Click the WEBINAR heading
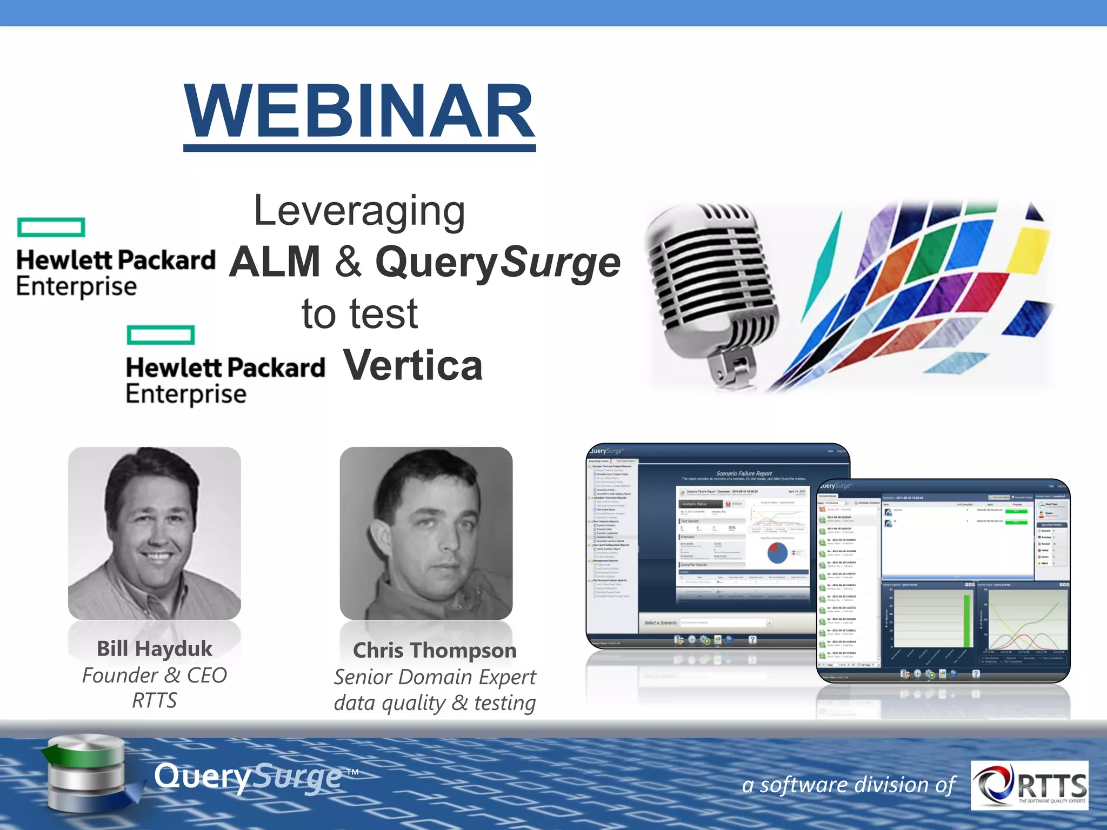pyautogui.click(x=359, y=112)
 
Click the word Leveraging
pyautogui.click(x=359, y=211)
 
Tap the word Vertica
pyautogui.click(x=413, y=365)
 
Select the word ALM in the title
pyautogui.click(x=275, y=262)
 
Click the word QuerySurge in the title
pyautogui.click(x=497, y=263)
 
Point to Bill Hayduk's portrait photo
pyautogui.click(x=154, y=532)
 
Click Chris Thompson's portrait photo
pyautogui.click(x=426, y=532)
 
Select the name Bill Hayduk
pyautogui.click(x=154, y=648)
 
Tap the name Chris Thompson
pyautogui.click(x=435, y=650)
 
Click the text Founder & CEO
pyautogui.click(x=154, y=675)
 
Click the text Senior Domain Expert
pyautogui.click(x=435, y=677)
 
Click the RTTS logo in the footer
pyautogui.click(x=1029, y=785)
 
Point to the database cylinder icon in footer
pyautogui.click(x=86, y=773)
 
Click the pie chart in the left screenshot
pyautogui.click(x=777, y=553)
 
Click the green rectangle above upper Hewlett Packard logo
pyautogui.click(x=51, y=227)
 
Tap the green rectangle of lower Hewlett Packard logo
pyautogui.click(x=161, y=334)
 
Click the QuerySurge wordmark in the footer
pyautogui.click(x=249, y=777)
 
